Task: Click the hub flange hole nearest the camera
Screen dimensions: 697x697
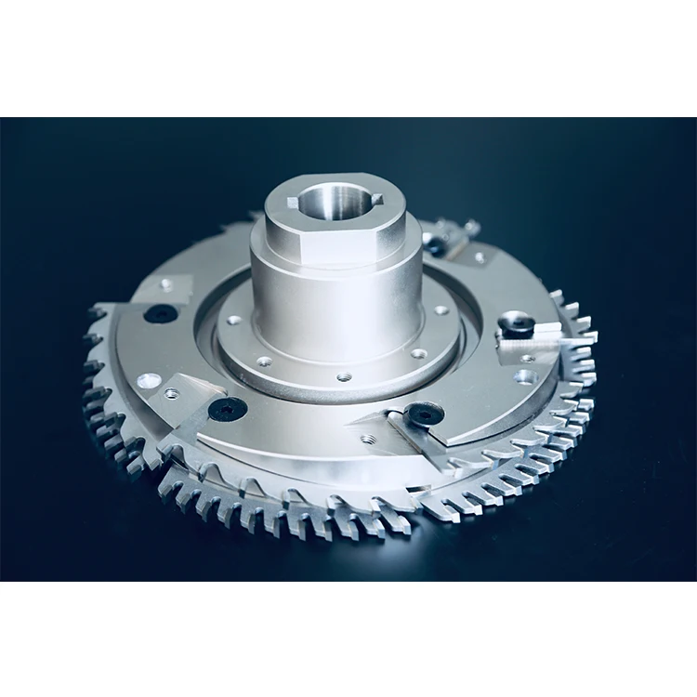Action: tap(344, 377)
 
